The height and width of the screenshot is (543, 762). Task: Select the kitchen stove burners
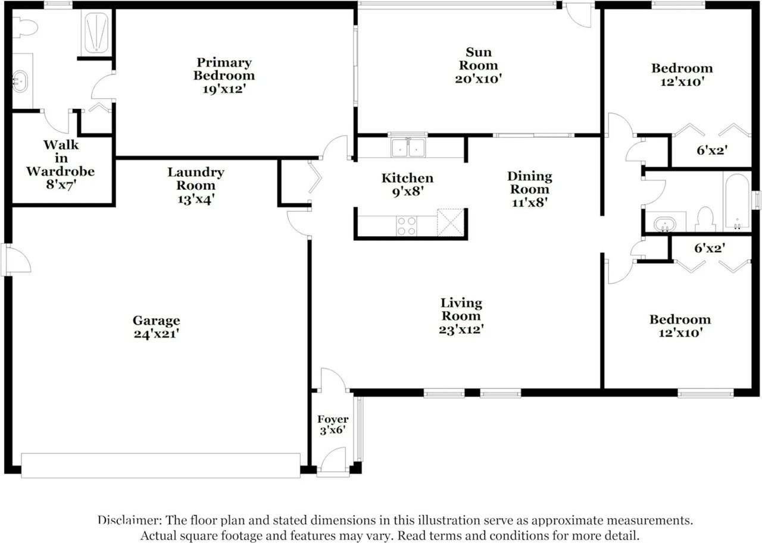407,226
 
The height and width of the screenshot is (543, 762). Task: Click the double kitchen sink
408,147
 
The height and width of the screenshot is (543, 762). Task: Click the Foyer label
333,419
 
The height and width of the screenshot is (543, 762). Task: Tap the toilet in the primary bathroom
25,27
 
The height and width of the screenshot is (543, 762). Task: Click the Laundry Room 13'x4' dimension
195,199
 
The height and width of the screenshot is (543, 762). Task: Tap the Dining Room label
529,183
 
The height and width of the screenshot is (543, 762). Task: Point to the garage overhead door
161,465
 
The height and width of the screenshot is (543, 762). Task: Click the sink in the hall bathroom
664,224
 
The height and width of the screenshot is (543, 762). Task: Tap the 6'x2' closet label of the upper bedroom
711,150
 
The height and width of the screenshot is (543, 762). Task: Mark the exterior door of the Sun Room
578,14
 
